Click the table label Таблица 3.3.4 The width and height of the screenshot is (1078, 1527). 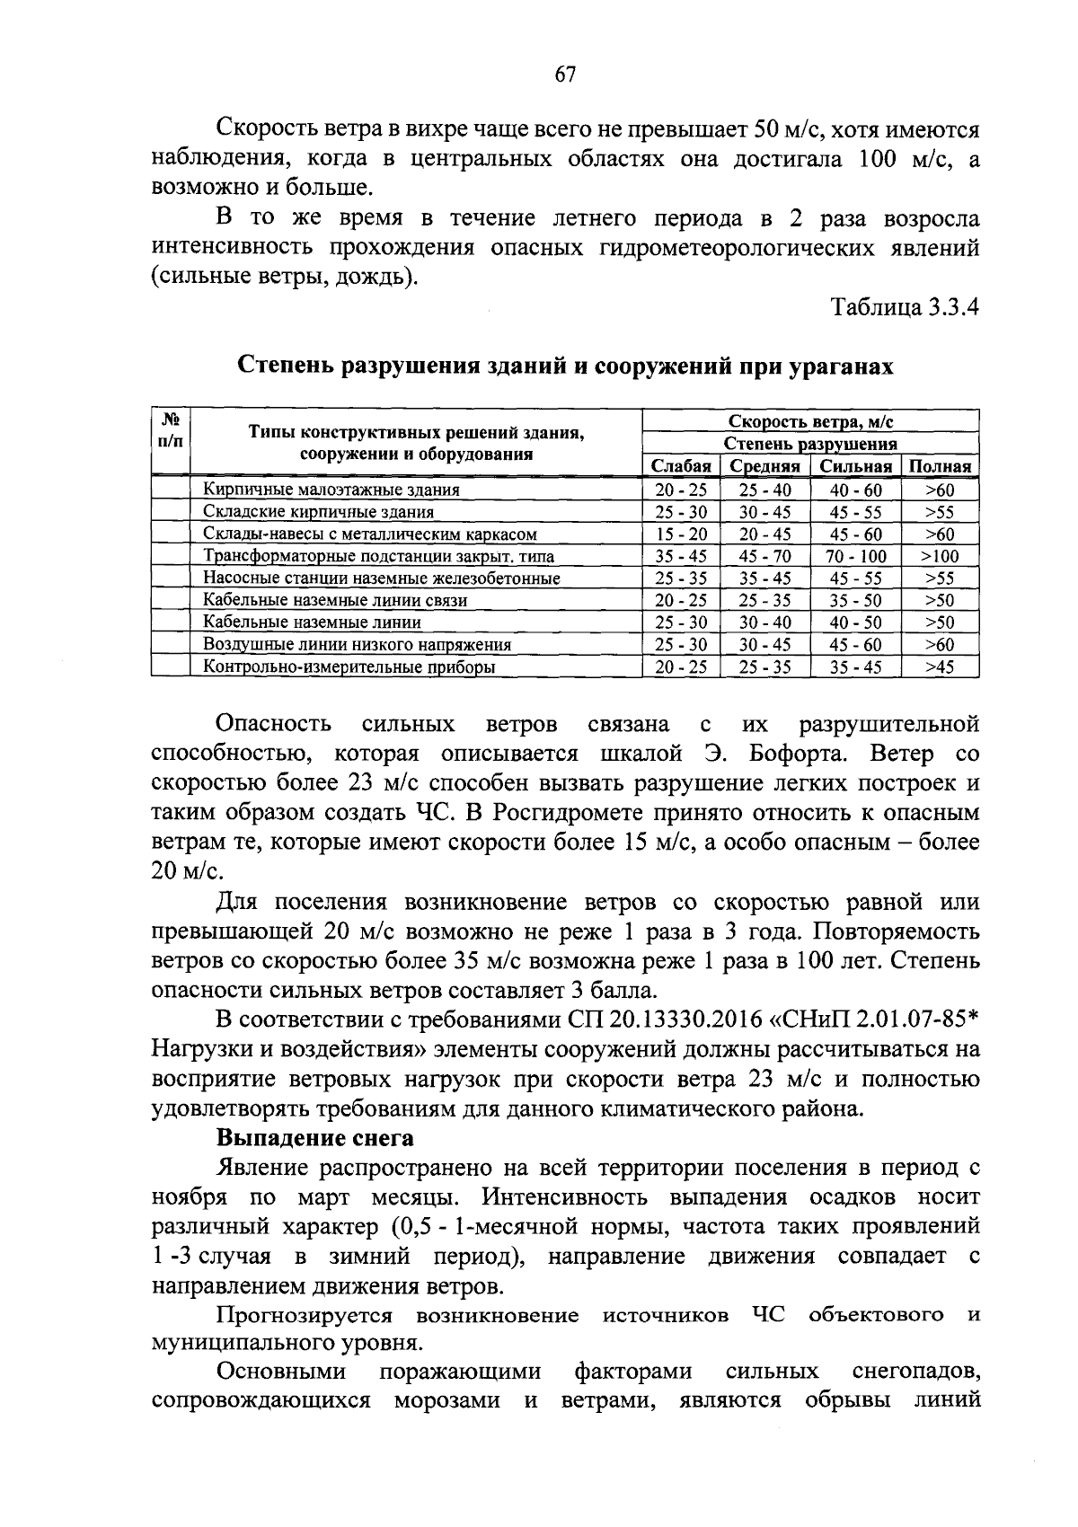[905, 307]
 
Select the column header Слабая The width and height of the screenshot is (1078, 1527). [681, 466]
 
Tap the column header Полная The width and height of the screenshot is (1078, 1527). [940, 466]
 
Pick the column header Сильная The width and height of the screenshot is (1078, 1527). [855, 466]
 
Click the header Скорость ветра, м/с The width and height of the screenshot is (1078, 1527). [810, 421]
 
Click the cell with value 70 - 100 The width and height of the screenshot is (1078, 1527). [855, 556]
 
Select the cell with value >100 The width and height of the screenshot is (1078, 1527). [940, 556]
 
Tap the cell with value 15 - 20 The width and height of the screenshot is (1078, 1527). [681, 534]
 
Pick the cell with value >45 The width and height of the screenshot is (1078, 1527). [940, 667]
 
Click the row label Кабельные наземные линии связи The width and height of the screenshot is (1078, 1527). [334, 600]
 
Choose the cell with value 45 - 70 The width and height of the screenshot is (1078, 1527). [764, 556]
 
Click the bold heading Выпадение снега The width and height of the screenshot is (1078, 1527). [314, 1138]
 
